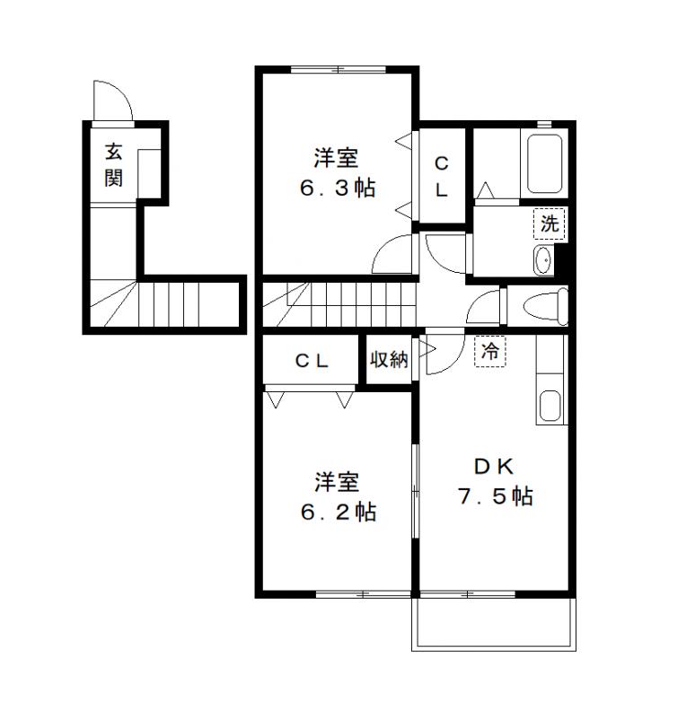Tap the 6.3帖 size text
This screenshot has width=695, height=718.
tap(338, 189)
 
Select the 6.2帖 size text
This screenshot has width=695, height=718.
tap(338, 512)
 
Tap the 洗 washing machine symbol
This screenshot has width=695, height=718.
tap(549, 223)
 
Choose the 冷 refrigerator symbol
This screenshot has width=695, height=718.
tap(490, 352)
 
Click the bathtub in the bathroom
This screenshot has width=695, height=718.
tap(544, 163)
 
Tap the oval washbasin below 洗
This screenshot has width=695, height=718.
tap(543, 260)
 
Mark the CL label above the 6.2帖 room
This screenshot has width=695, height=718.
tap(312, 361)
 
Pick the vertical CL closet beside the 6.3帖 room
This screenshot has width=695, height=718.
tap(442, 177)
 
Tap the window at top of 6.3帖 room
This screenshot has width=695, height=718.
tap(338, 70)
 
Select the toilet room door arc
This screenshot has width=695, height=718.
tap(486, 308)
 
